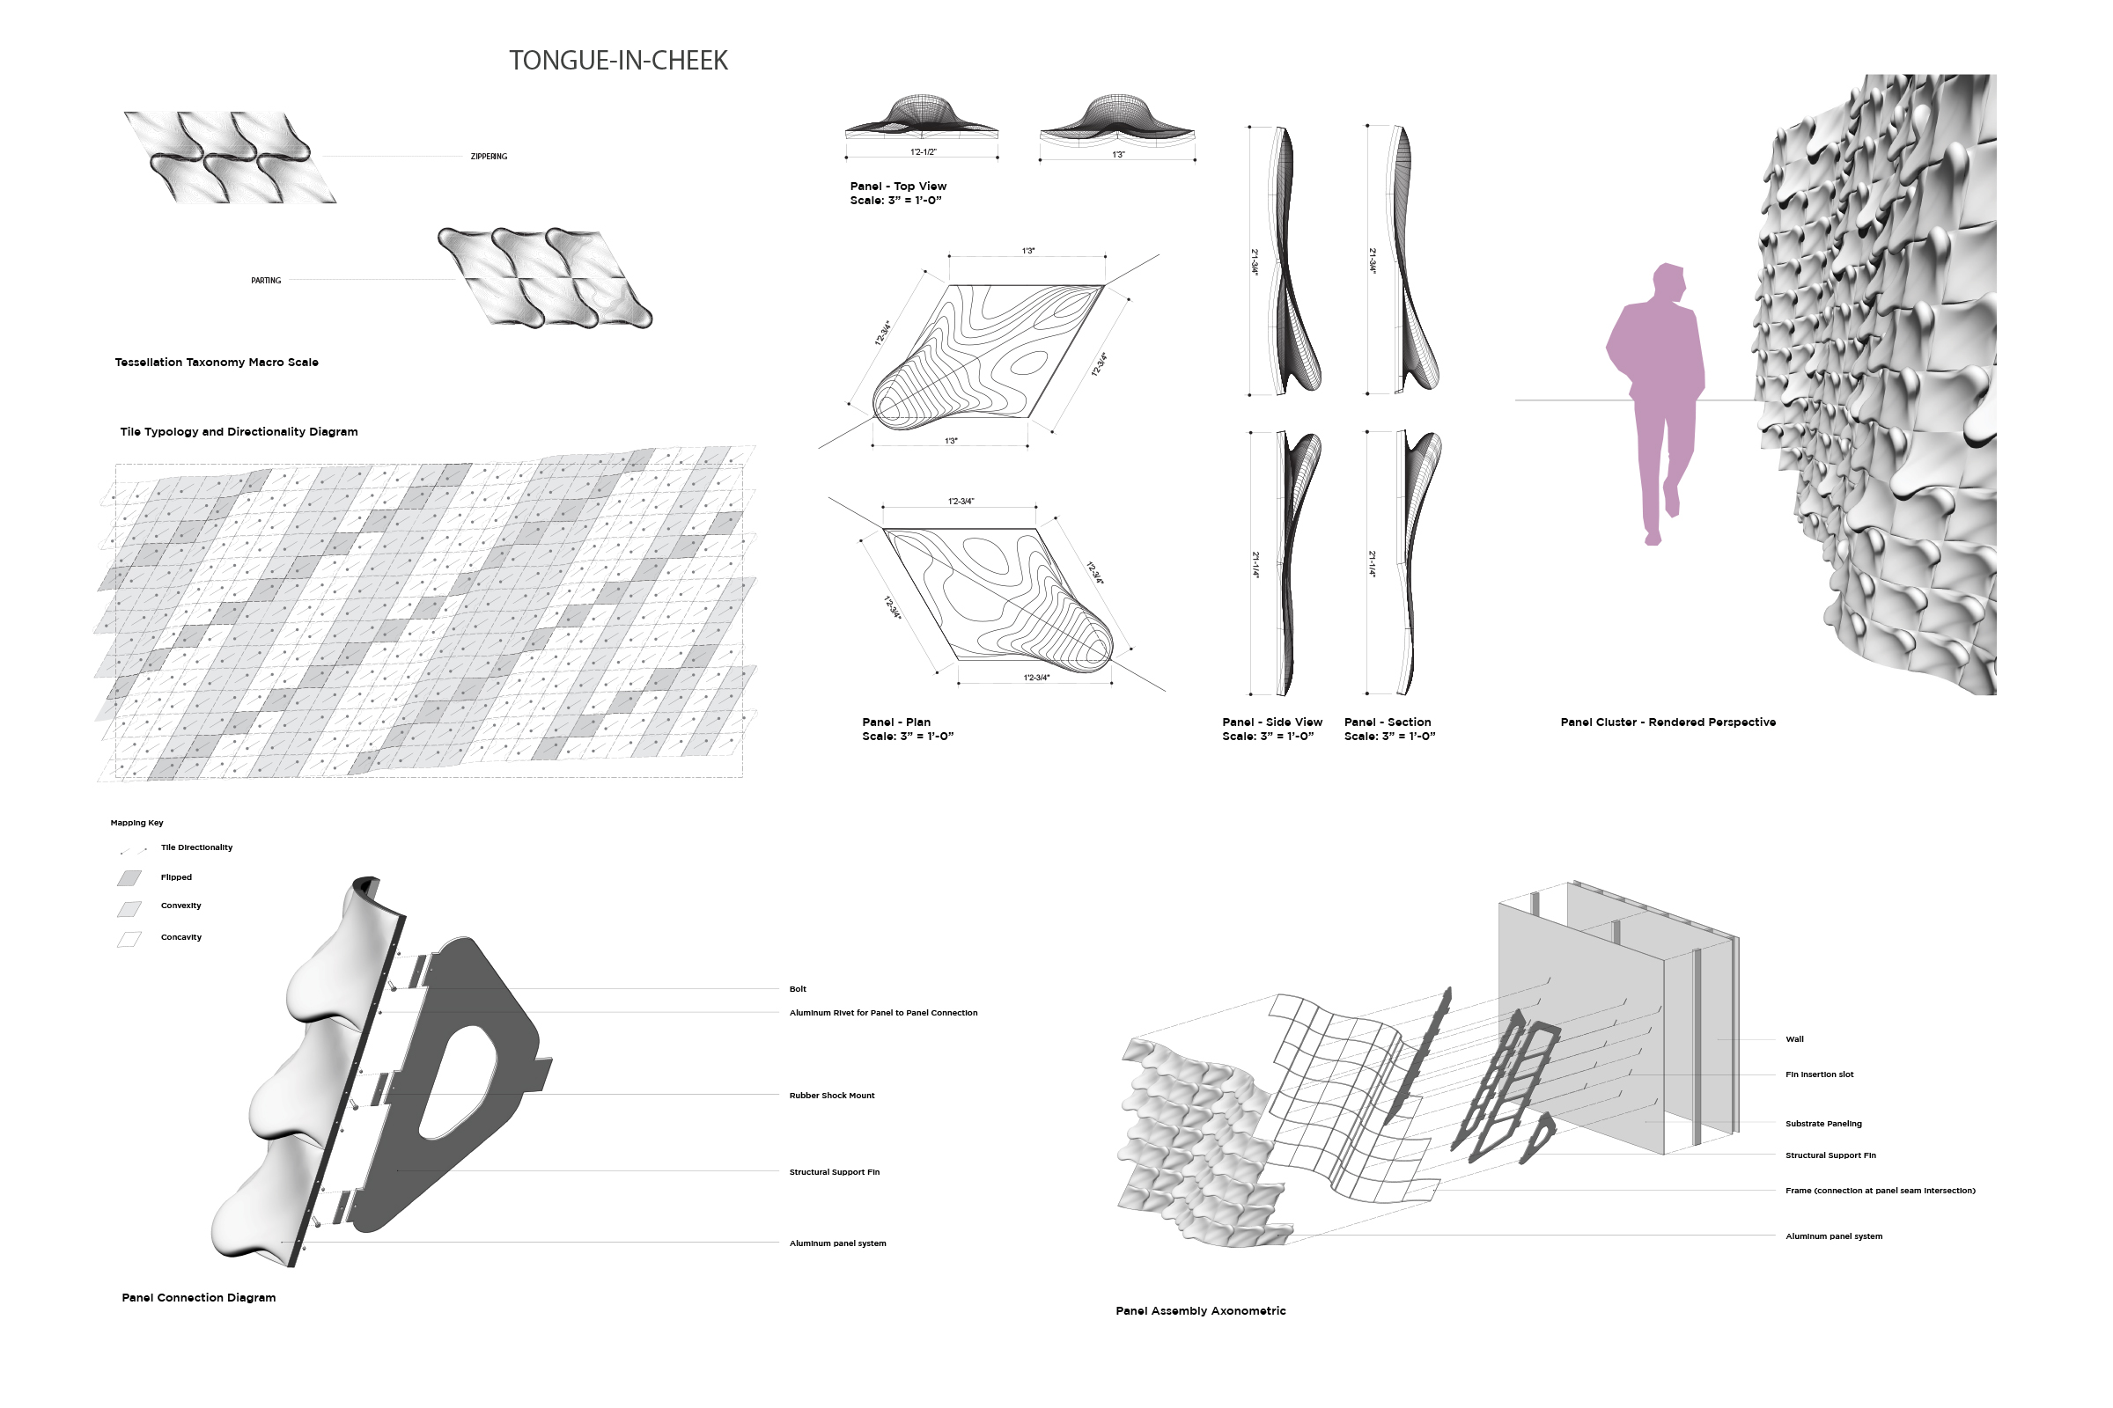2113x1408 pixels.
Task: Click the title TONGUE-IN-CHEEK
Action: (x=618, y=60)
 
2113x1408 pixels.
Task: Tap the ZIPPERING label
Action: (x=489, y=157)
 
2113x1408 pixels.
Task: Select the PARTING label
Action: (x=266, y=280)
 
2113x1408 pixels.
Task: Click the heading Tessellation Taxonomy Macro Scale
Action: (x=217, y=362)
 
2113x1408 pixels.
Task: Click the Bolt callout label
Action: (x=798, y=988)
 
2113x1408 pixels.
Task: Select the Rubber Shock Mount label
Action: (x=832, y=1096)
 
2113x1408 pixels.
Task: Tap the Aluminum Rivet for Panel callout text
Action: (x=883, y=1013)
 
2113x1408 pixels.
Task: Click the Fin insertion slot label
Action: (x=1819, y=1074)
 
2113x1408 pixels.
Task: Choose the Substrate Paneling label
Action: (x=1823, y=1124)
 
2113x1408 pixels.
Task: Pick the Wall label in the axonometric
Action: (x=1794, y=1039)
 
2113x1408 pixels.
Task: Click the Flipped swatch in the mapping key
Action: (x=129, y=877)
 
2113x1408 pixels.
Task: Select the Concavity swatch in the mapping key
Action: (x=129, y=939)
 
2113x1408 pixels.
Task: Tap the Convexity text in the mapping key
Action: (x=180, y=906)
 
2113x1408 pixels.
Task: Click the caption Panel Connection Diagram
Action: (x=199, y=1297)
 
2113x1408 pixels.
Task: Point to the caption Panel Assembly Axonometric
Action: (x=1200, y=1311)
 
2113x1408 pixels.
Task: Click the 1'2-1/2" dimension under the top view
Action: (x=923, y=151)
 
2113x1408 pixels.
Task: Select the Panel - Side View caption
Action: (x=1272, y=722)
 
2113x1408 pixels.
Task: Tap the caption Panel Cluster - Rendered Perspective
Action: (x=1668, y=722)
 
